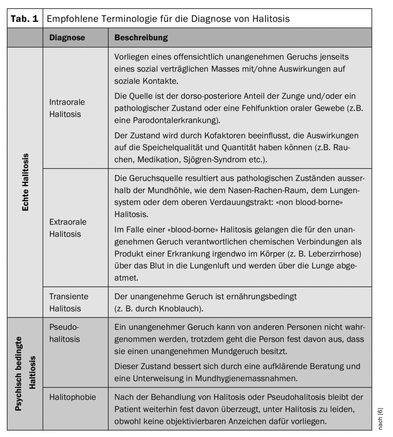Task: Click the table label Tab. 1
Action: point(25,19)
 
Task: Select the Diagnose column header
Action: point(67,37)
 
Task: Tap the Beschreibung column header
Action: point(141,37)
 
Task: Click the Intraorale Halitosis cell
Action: point(67,108)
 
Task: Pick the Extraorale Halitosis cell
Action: point(68,228)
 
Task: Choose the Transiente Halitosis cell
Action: point(69,302)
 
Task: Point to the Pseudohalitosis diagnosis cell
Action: point(65,333)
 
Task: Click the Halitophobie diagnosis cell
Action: point(73,397)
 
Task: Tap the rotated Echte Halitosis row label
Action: point(25,182)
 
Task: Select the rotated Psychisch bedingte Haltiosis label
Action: point(25,373)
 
